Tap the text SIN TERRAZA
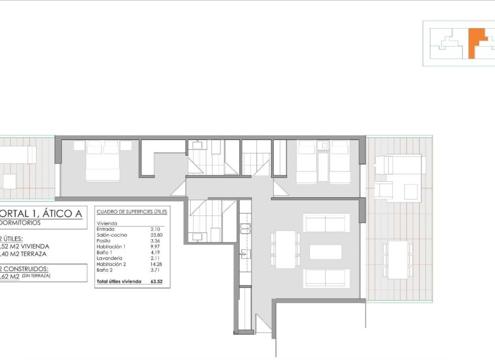tap(37, 276)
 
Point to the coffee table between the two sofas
tap(326, 251)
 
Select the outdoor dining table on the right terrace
tap(398, 259)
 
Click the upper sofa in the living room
tap(326, 223)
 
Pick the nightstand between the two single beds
tap(323, 146)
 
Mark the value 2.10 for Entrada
tap(156, 229)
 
